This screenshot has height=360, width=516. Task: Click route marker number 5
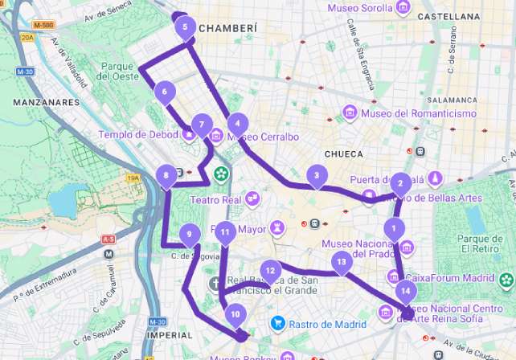pyautogui.click(x=186, y=27)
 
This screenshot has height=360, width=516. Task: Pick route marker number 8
pyautogui.click(x=166, y=174)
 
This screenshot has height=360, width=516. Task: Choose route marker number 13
pyautogui.click(x=342, y=261)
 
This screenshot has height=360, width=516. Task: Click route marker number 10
pyautogui.click(x=235, y=314)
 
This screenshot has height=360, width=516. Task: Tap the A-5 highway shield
pyautogui.click(x=109, y=239)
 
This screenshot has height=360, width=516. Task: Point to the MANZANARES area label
pyautogui.click(x=46, y=102)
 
